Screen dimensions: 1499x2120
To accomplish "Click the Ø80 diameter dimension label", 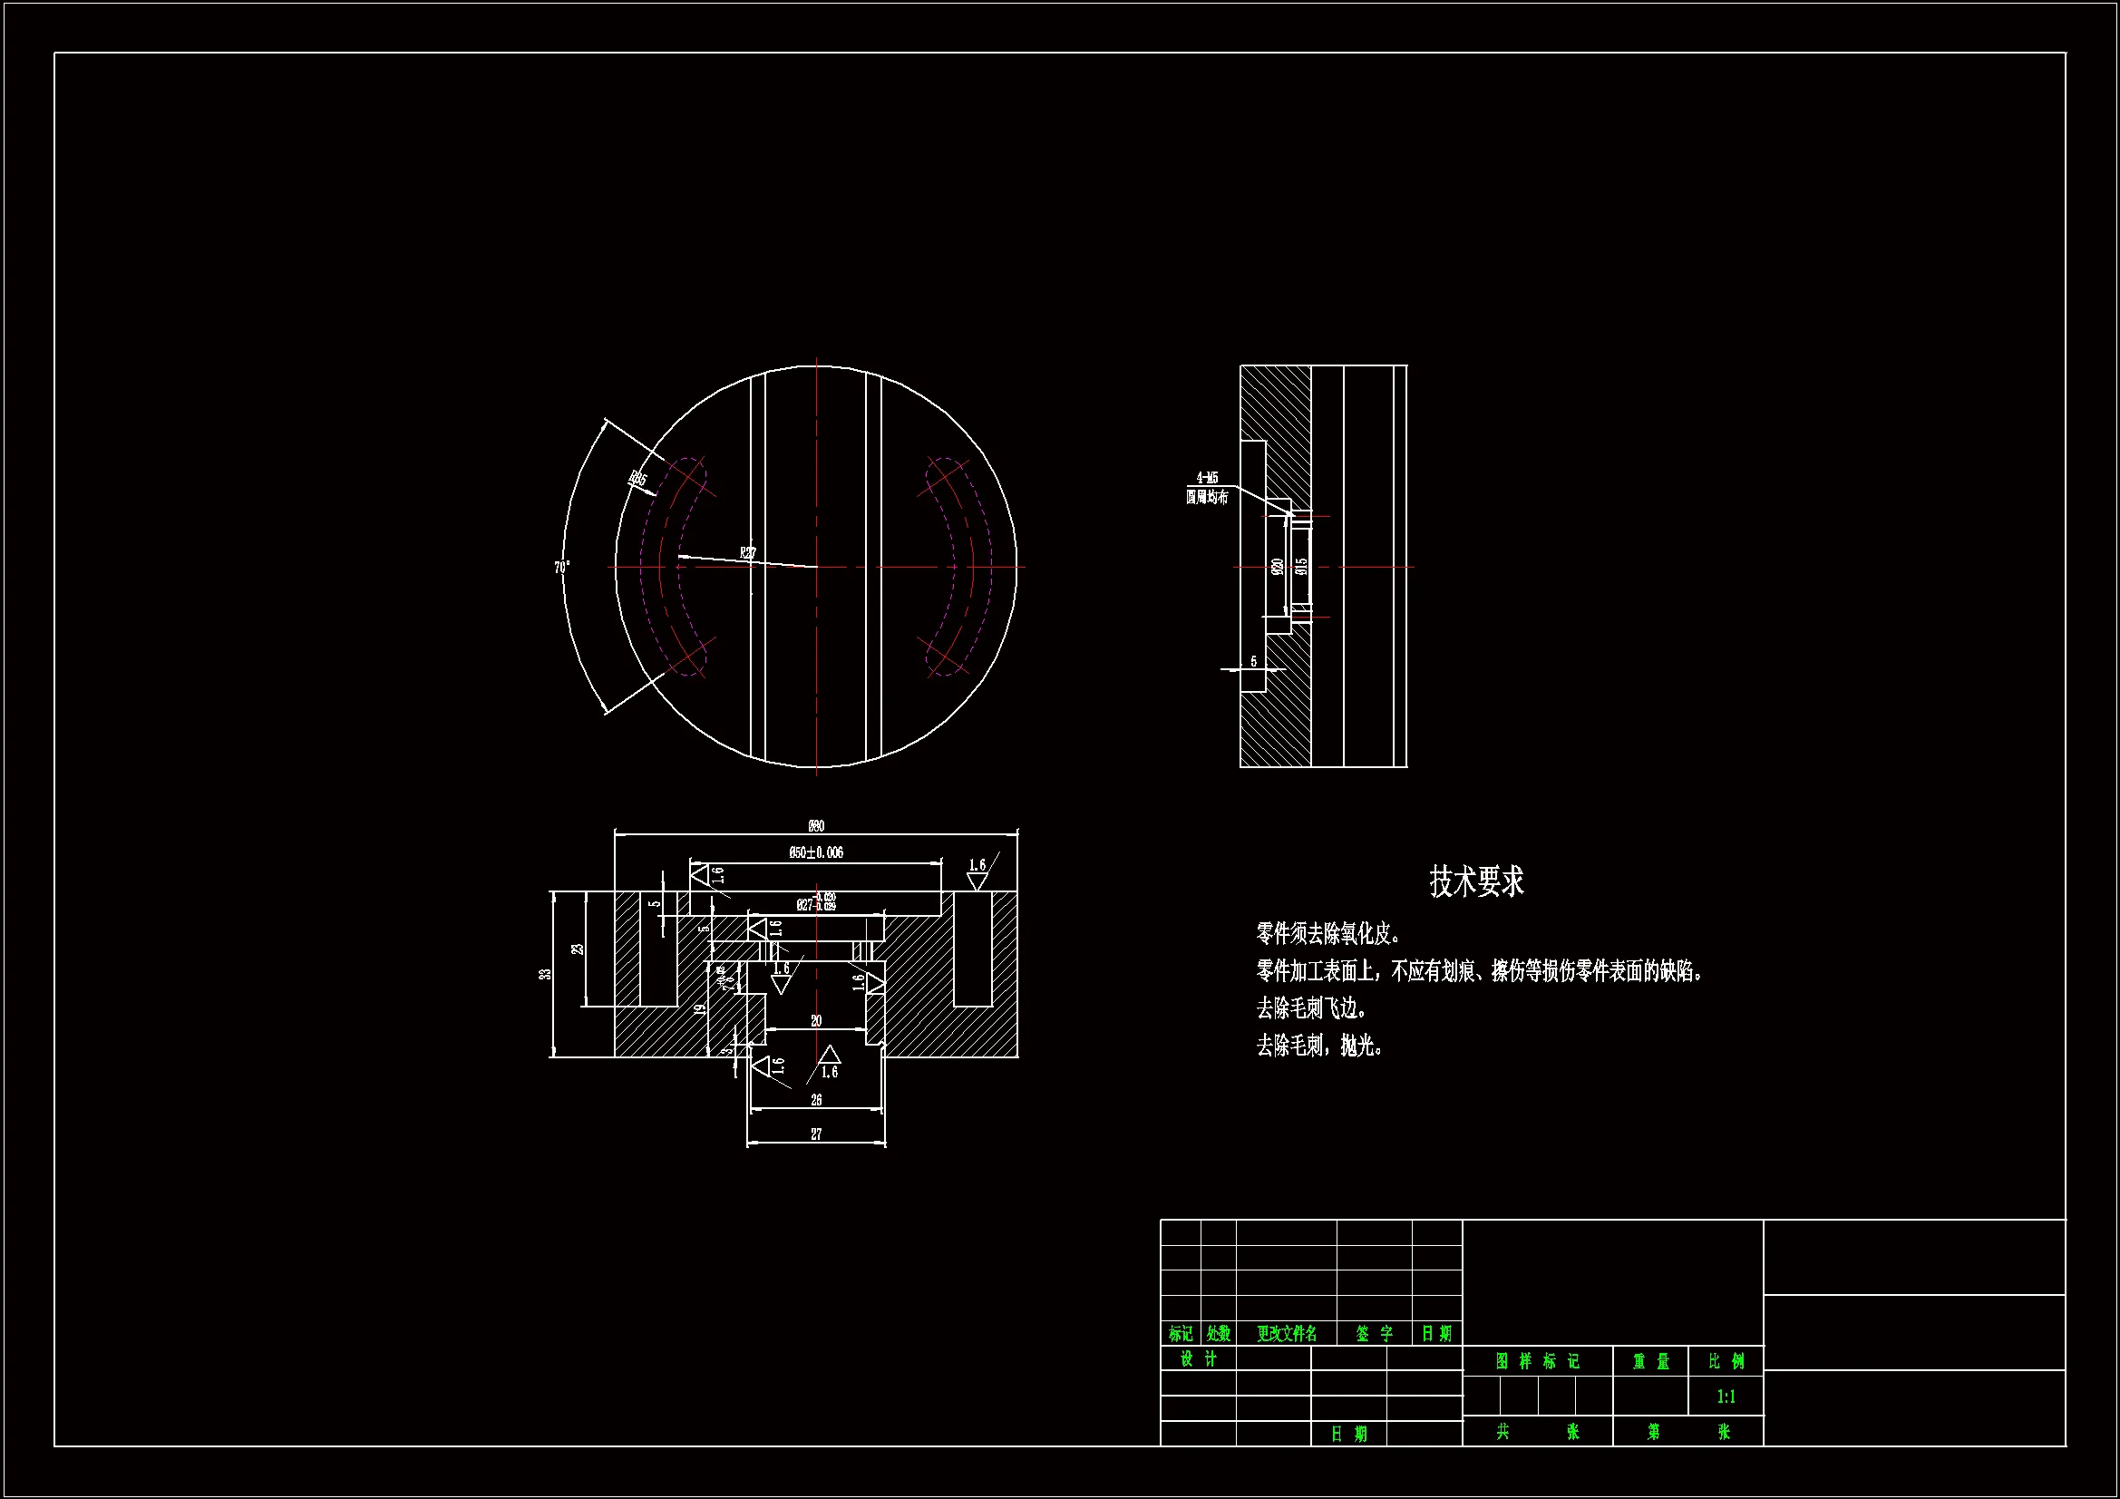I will click(816, 826).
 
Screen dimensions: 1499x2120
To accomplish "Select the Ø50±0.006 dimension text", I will click(816, 852).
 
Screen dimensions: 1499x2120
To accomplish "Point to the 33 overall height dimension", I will click(546, 973).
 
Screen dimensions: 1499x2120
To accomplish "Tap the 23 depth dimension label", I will click(578, 949).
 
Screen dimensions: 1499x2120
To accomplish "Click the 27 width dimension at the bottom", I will click(816, 1134).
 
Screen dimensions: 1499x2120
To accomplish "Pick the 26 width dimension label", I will click(816, 1100).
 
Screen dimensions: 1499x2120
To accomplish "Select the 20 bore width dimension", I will click(816, 1020).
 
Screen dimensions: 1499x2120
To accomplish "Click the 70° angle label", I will click(561, 567).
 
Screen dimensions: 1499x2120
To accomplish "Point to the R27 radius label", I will click(748, 553).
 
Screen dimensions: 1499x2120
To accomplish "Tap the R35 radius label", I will click(638, 480).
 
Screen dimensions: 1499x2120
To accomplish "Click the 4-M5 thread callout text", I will click(1207, 478).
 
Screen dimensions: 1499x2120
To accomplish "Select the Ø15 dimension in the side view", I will click(1302, 565).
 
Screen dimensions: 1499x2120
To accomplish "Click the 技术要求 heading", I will click(1476, 881).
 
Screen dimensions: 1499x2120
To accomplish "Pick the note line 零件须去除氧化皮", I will click(1328, 934).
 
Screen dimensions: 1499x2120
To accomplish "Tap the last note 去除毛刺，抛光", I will click(1319, 1046).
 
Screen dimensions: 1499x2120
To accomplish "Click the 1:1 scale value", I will click(1726, 1397).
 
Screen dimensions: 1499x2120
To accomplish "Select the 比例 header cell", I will click(1726, 1361).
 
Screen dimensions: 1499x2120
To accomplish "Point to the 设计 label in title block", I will click(1199, 1358).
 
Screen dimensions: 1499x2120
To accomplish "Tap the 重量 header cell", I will click(1651, 1361).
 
